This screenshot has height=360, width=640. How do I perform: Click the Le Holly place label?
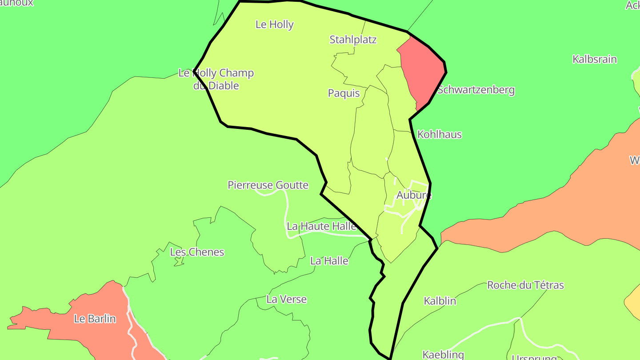pos(274,24)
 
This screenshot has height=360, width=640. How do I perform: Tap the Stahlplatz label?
pos(353,40)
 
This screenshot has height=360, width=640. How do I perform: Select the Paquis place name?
pos(344,93)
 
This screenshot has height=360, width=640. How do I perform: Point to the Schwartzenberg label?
pos(476,90)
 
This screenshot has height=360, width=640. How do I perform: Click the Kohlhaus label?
pos(440,134)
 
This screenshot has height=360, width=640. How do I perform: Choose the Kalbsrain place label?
pos(594,59)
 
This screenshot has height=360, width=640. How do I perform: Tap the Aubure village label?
pos(414,195)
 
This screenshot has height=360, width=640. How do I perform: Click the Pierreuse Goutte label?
pos(268,185)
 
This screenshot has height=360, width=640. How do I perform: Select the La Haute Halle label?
pos(321,226)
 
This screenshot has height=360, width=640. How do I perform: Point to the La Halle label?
pos(329,261)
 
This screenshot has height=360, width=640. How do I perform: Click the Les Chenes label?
pos(197,252)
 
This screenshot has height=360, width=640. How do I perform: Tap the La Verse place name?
pos(286,299)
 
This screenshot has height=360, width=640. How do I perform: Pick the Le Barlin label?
pos(95,319)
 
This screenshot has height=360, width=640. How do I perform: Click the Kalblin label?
pos(440,301)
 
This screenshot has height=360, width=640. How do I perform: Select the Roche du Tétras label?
pos(525,285)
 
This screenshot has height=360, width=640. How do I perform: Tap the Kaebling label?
pos(443,355)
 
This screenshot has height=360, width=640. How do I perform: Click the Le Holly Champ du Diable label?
pos(216,79)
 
